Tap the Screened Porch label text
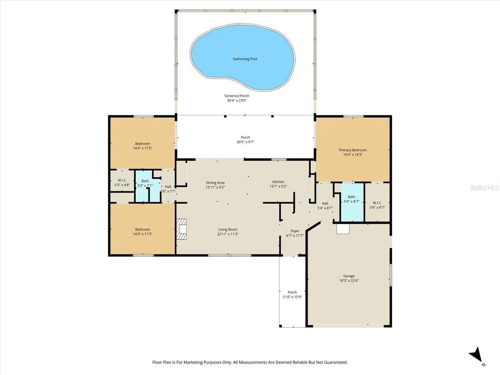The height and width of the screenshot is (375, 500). (237, 96)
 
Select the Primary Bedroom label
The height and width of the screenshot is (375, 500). (353, 150)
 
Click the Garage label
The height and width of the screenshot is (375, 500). (349, 276)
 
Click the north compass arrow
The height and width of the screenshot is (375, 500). (475, 355)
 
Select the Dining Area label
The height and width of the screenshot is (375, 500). (215, 182)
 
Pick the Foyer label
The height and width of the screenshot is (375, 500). (295, 231)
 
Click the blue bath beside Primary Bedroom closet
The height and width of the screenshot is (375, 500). (352, 201)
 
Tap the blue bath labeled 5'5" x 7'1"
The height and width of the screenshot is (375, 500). (146, 185)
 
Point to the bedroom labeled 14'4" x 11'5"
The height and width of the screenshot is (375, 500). (142, 146)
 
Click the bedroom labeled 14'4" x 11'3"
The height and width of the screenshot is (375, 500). (142, 231)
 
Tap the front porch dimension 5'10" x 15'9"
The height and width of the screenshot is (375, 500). (292, 297)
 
